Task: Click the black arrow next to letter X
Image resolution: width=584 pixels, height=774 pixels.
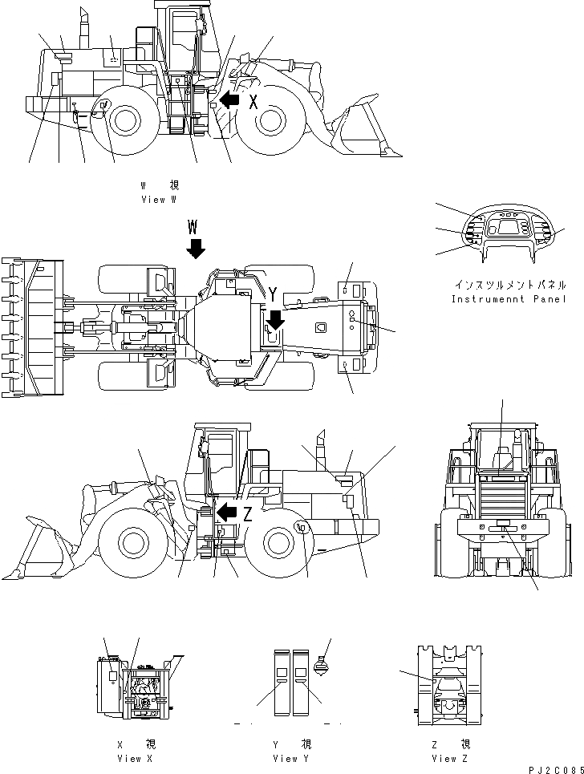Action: (x=229, y=100)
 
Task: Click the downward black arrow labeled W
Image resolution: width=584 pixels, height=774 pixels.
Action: (x=195, y=248)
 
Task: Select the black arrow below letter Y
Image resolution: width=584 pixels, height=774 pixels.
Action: (x=275, y=319)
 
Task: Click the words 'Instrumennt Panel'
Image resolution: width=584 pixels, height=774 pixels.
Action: (x=509, y=299)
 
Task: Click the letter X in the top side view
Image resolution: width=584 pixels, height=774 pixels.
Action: (x=253, y=101)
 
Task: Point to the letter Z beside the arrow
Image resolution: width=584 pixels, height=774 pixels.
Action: (x=248, y=514)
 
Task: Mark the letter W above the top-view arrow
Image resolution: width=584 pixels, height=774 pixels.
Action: (x=193, y=224)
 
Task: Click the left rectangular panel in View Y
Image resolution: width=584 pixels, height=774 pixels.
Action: (x=281, y=681)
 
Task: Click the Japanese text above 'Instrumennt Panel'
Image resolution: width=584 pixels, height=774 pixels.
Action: (x=510, y=285)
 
